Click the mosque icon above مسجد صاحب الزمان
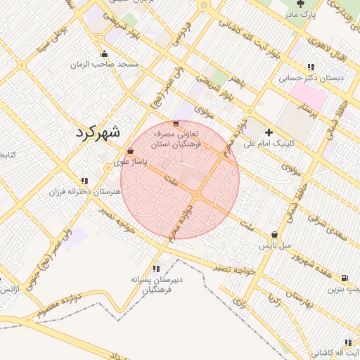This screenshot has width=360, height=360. [x=105, y=54]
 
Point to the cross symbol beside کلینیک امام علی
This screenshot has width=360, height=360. [x=269, y=132]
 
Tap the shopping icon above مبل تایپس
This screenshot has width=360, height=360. [x=274, y=235]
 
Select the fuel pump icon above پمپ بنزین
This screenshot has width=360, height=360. [x=344, y=278]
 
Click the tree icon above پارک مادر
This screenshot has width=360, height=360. [x=302, y=4]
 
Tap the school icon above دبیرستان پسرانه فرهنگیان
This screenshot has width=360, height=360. [x=155, y=268]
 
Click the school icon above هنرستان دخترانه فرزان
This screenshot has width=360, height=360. [x=84, y=181]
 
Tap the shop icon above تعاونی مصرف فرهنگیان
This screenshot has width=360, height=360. [x=175, y=123]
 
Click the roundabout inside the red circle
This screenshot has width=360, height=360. [x=198, y=195]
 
